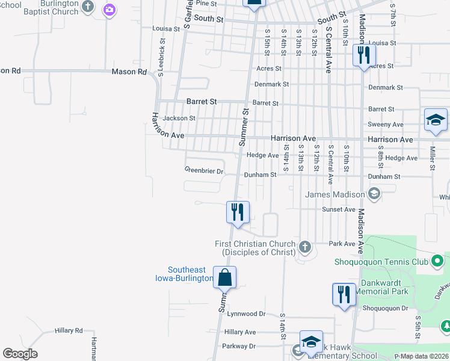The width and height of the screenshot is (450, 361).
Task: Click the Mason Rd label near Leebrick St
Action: [x=129, y=72]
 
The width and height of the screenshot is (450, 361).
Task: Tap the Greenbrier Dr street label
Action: [x=204, y=171]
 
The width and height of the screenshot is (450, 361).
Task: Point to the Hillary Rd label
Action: [x=69, y=330]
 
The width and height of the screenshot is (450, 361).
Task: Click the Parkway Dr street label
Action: [x=239, y=346]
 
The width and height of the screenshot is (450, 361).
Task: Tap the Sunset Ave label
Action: [x=339, y=209]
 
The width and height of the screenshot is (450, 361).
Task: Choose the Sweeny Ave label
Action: [x=386, y=125]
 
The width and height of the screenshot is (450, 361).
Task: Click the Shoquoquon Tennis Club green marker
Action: [x=438, y=261]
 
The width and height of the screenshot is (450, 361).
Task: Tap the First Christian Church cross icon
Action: [x=305, y=247]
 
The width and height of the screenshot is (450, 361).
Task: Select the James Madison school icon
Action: [x=374, y=194]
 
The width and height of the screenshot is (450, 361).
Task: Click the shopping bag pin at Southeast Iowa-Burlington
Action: [x=224, y=277]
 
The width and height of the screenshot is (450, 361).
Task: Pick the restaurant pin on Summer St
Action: [x=238, y=212]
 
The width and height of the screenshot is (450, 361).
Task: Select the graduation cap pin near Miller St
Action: [x=436, y=120]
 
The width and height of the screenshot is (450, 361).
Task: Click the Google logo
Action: [x=20, y=354]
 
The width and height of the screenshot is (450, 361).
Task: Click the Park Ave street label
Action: [x=343, y=244]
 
